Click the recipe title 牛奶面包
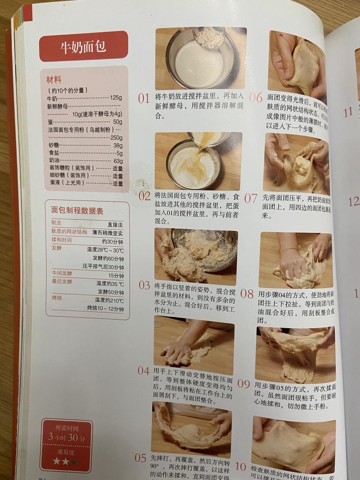coord(83,47)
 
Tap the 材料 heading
coord(54,80)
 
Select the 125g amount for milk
coord(116,98)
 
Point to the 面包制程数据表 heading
coord(77,211)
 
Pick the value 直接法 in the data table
coord(115,224)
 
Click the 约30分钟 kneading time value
coord(113,241)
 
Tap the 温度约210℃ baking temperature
coord(109,300)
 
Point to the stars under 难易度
coord(66,461)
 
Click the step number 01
coord(144,99)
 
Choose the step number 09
coord(244,384)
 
